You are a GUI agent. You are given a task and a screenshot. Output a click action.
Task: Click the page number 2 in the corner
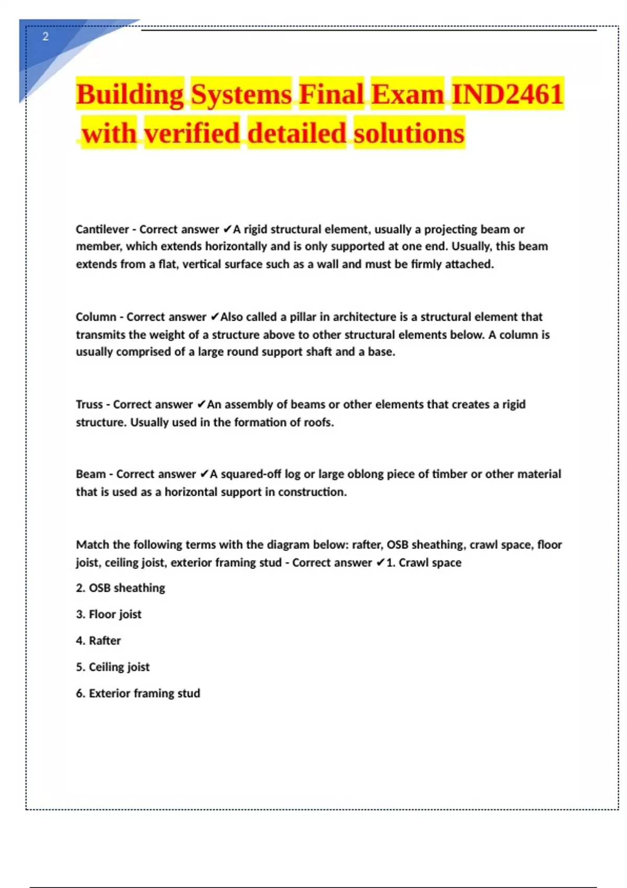point(45,37)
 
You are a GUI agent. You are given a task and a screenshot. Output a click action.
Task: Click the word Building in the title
point(130,95)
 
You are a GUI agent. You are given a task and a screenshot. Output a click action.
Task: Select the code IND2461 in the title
point(507,95)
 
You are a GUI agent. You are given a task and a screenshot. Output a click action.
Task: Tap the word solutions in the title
point(409,133)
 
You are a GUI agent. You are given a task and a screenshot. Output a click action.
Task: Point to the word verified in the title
point(192,133)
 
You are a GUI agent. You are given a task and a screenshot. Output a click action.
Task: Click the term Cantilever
point(102,229)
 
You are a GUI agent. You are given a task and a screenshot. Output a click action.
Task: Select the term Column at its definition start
point(96,317)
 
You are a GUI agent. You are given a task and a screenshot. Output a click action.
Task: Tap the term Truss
point(89,404)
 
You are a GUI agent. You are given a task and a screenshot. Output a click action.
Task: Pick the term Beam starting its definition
point(90,474)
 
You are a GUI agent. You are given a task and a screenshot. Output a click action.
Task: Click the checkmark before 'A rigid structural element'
point(227,229)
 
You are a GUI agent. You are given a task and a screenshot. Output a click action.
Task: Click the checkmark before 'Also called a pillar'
point(214,317)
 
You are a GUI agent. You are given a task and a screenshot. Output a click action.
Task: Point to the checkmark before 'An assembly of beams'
point(201,404)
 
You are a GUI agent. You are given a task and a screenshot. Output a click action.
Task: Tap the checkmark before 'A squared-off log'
point(204,474)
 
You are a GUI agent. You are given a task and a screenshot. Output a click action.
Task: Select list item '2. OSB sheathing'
point(120,588)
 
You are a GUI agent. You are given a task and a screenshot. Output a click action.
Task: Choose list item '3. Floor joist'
point(109,614)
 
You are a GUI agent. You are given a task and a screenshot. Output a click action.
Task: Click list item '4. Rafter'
point(98,641)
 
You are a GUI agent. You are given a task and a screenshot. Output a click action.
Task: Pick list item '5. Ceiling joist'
point(113,667)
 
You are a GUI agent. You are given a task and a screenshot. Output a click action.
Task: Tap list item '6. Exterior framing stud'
point(138,694)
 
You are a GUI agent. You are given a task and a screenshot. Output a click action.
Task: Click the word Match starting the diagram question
point(92,545)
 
